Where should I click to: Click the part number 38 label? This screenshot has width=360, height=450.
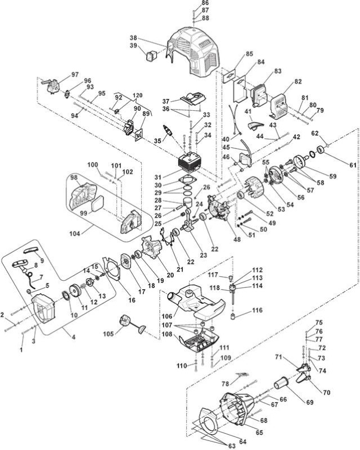click(x=133, y=38)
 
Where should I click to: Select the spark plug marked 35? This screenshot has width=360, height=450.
click(x=169, y=130)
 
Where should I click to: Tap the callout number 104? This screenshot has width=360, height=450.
click(x=75, y=233)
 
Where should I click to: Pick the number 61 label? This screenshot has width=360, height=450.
click(x=353, y=165)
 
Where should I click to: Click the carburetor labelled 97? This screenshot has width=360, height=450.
click(x=52, y=84)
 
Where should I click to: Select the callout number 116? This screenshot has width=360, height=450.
click(x=257, y=310)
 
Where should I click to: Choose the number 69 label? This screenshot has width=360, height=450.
click(x=310, y=402)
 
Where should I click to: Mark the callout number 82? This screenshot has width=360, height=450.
click(x=298, y=82)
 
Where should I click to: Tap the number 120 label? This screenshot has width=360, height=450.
click(x=137, y=95)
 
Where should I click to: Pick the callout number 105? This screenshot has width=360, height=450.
click(x=109, y=334)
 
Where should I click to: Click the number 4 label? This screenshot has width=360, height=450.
click(x=74, y=337)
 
